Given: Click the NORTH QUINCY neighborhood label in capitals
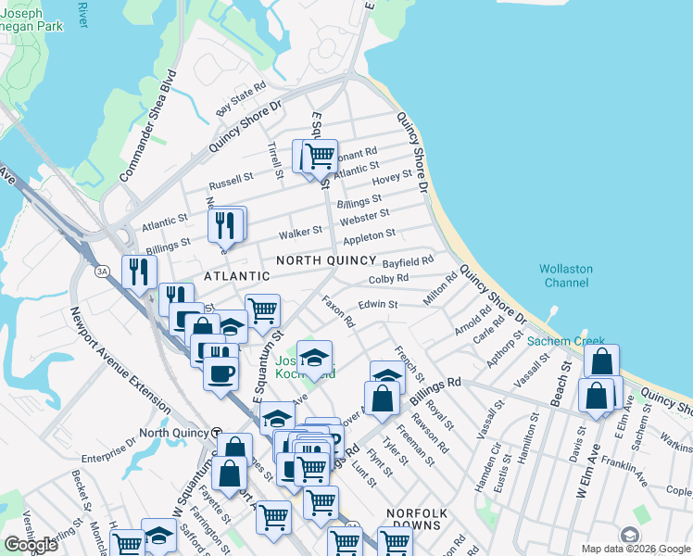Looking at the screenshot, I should pyautogui.click(x=324, y=260).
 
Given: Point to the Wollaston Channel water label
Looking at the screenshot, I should pyautogui.click(x=566, y=276).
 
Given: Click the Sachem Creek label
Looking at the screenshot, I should pyautogui.click(x=566, y=341).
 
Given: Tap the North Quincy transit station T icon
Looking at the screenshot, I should pyautogui.click(x=216, y=433).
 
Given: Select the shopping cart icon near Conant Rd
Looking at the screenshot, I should pyautogui.click(x=320, y=155).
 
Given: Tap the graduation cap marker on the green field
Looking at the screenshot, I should pyautogui.click(x=315, y=359).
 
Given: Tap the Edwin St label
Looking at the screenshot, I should pyautogui.click(x=377, y=304).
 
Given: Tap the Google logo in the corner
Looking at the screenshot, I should pyautogui.click(x=31, y=546).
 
